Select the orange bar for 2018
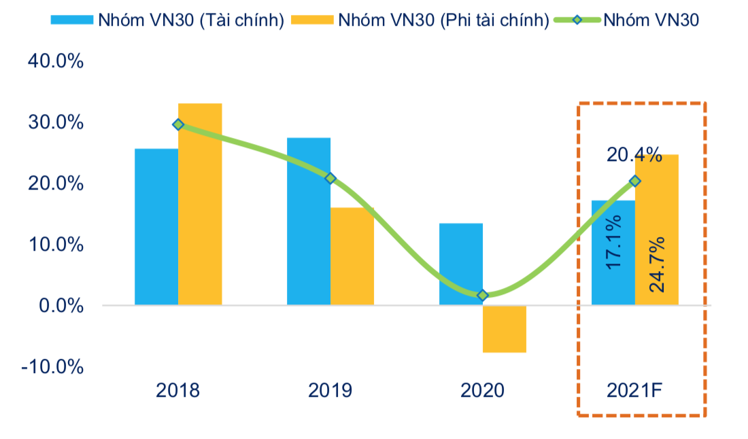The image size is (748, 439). coord(200,204)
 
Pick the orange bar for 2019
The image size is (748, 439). coord(352,256)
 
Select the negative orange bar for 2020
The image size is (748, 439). coord(505,329)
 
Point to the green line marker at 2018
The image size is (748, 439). coord(178,124)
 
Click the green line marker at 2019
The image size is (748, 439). coord(330,178)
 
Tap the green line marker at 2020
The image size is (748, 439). coord(483,295)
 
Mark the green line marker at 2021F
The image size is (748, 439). coord(635,181)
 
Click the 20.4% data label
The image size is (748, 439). coord(634,156)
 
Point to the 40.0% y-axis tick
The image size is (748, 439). coord(55,62)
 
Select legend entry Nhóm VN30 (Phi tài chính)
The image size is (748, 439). coord(420,20)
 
